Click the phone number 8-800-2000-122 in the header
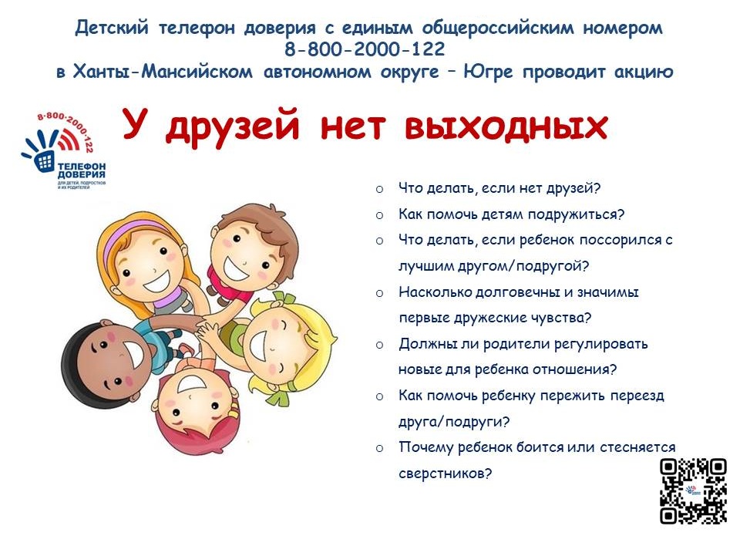click(x=365, y=49)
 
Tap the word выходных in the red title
click(x=506, y=126)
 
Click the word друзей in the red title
click(x=233, y=127)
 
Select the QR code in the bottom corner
click(x=693, y=491)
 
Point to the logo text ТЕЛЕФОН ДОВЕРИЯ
click(x=82, y=170)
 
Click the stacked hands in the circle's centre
click(x=203, y=327)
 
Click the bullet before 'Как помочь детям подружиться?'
click(x=379, y=215)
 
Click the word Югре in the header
click(x=488, y=72)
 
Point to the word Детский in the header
click(x=112, y=28)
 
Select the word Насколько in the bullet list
click(x=434, y=292)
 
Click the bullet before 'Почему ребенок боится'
click(x=379, y=448)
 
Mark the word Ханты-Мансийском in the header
click(x=163, y=72)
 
